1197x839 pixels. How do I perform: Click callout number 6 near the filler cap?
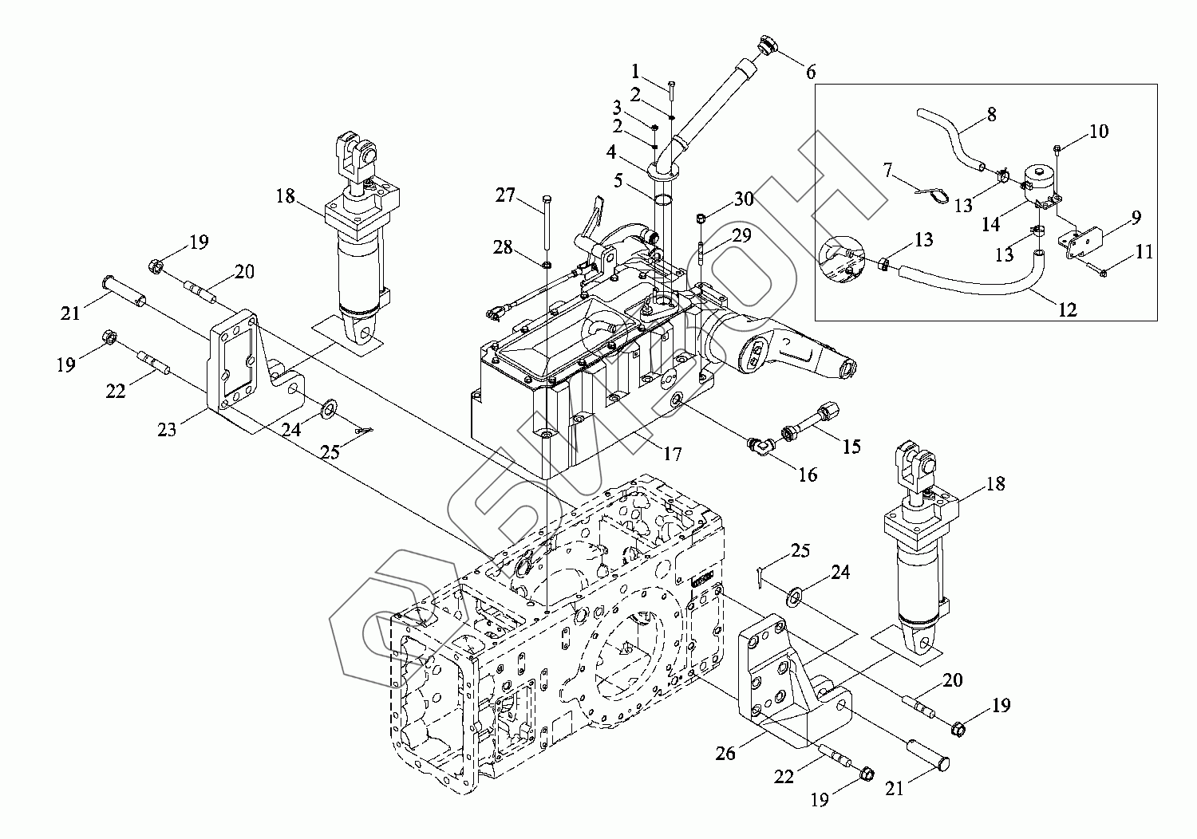(811, 72)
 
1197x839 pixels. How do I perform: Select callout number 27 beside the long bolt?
(505, 195)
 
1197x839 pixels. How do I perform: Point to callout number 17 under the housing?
(673, 454)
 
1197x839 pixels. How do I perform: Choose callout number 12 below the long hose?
(1068, 309)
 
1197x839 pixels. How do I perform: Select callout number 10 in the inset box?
(1099, 131)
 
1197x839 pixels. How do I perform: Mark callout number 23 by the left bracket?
(167, 429)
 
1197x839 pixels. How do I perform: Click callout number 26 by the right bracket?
(725, 754)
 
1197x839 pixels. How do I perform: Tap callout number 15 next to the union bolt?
(851, 447)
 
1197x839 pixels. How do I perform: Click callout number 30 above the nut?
(743, 199)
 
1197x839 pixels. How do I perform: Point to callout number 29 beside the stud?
(741, 235)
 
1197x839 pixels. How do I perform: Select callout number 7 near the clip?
(887, 171)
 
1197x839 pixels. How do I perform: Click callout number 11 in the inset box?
(1144, 251)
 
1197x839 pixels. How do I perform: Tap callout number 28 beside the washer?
(503, 247)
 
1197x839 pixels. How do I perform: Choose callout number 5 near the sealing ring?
(618, 180)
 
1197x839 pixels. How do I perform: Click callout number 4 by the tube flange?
(611, 153)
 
